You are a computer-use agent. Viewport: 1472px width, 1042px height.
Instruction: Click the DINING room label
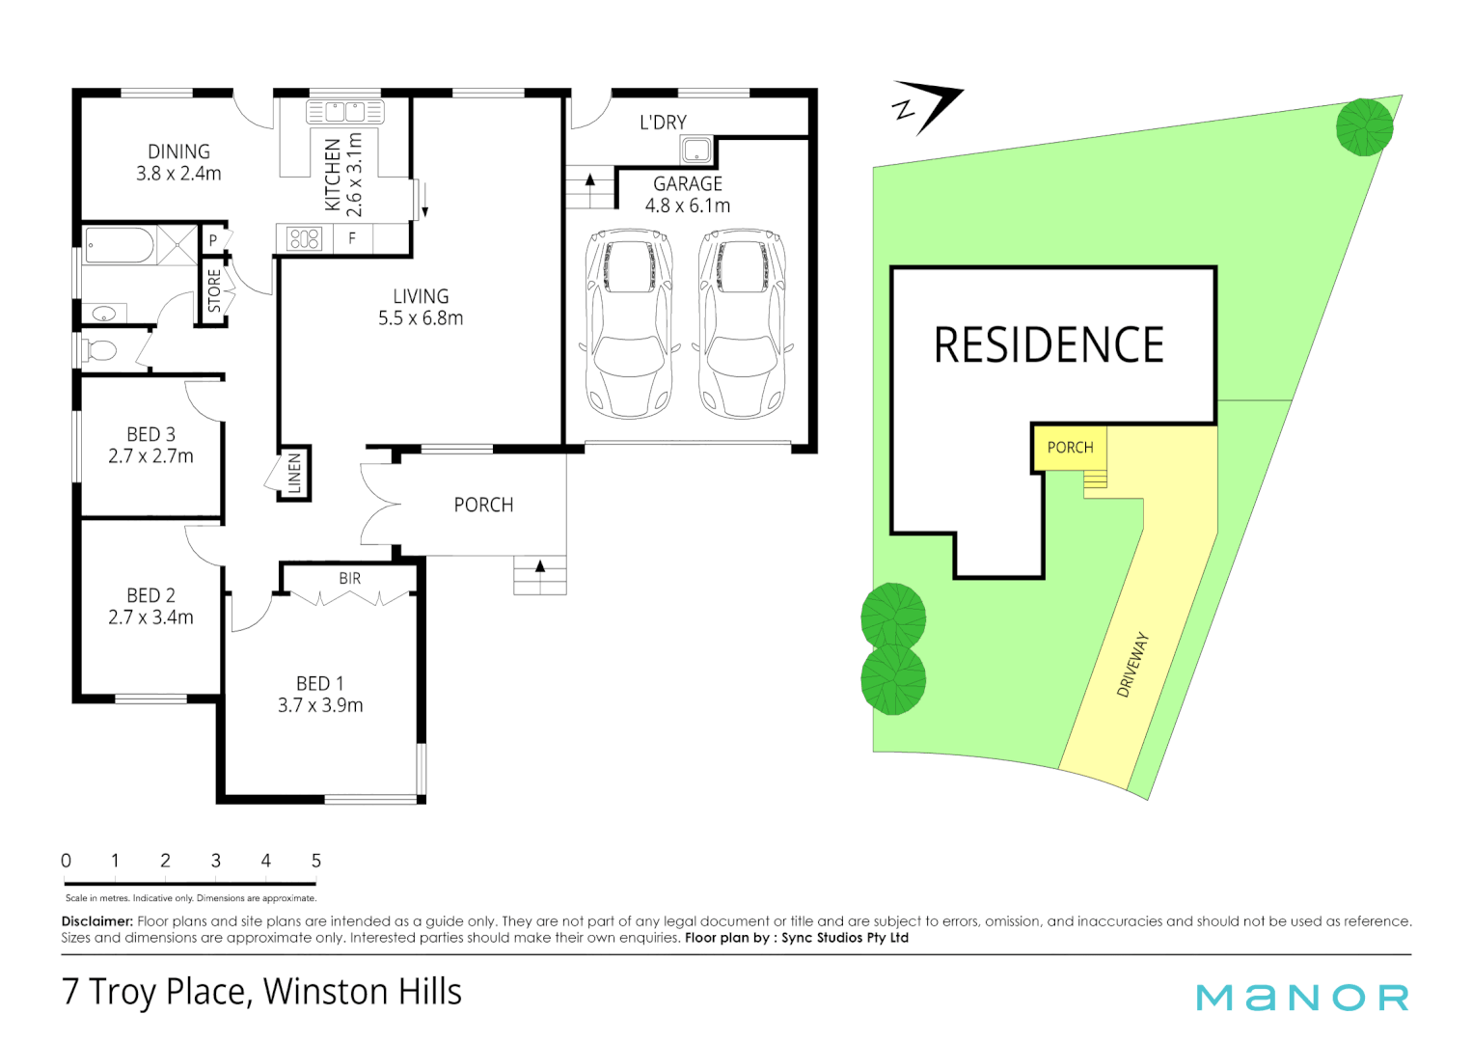[178, 151]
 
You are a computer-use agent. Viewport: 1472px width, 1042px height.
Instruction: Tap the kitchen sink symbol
[344, 112]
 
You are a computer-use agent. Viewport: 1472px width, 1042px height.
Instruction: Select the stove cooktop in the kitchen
[304, 238]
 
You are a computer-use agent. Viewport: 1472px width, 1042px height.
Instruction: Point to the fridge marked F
[352, 237]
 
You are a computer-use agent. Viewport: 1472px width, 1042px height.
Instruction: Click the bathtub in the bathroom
[119, 245]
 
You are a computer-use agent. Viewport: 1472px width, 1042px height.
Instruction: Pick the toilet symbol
[99, 350]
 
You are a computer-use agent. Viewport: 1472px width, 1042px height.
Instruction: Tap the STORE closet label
[214, 290]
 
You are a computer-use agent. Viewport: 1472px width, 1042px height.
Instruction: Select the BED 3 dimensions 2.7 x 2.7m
[150, 456]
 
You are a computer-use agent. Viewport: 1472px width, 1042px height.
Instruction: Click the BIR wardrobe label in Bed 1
[349, 578]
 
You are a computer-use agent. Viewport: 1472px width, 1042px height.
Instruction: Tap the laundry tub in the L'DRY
[695, 151]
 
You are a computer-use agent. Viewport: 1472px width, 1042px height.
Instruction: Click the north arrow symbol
[927, 105]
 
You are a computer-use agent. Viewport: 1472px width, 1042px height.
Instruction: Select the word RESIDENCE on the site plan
[1049, 345]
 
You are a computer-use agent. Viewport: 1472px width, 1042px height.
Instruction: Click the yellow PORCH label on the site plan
[1070, 448]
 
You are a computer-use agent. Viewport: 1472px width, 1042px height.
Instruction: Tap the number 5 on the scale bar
[315, 861]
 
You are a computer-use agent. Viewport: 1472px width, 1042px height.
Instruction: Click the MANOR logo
[1301, 998]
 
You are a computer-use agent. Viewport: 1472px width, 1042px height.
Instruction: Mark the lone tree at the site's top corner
[1364, 126]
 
